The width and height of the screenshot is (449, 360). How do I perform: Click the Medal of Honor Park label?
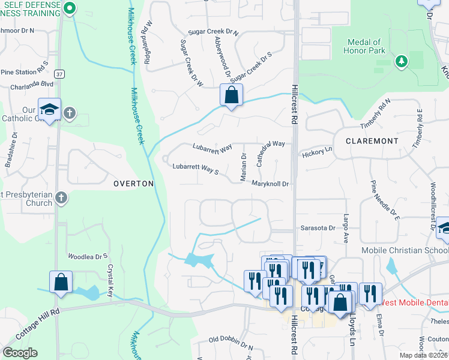pyautogui.click(x=364, y=47)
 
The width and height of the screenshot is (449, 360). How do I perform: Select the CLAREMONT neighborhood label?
pyautogui.click(x=372, y=141)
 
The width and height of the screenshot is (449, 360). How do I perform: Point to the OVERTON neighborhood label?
pyautogui.click(x=134, y=184)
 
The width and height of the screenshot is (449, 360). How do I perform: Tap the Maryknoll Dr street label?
pyautogui.click(x=270, y=184)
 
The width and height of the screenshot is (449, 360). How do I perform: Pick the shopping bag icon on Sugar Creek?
pyautogui.click(x=231, y=95)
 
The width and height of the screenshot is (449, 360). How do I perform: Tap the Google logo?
pyautogui.click(x=20, y=353)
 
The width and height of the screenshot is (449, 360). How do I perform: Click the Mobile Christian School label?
pyautogui.click(x=404, y=250)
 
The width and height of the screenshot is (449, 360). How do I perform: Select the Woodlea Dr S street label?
pyautogui.click(x=88, y=256)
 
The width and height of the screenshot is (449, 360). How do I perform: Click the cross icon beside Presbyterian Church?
pyautogui.click(x=61, y=198)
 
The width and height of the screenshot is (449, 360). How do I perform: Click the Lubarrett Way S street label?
pyautogui.click(x=196, y=168)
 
